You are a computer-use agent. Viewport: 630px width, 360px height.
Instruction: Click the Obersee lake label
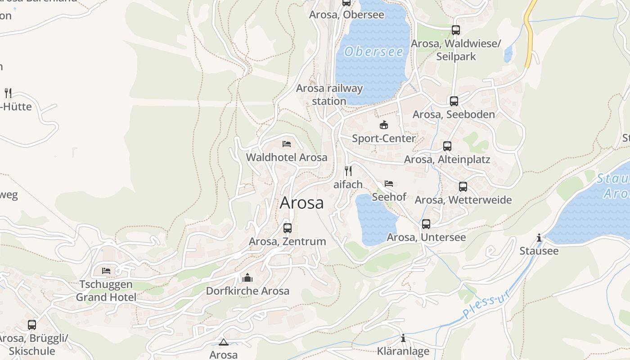(374, 52)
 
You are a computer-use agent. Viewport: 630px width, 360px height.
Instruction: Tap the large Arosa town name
(301, 203)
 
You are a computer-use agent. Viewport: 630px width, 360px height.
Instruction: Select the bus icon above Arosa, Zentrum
(288, 228)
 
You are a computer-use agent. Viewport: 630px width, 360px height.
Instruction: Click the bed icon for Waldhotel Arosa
(287, 144)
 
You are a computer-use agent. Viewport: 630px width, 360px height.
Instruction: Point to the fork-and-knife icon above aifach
(348, 171)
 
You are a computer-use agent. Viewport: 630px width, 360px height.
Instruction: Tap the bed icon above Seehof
(389, 184)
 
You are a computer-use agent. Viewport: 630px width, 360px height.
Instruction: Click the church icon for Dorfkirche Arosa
(247, 278)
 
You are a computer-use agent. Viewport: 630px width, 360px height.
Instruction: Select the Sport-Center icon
(383, 125)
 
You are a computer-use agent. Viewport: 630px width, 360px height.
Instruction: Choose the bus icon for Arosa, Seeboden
(454, 101)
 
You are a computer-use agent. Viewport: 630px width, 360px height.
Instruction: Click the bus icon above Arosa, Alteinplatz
(447, 146)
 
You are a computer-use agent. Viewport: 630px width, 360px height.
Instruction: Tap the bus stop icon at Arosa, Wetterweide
(463, 187)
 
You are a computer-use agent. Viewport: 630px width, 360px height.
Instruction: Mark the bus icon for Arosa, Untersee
(426, 224)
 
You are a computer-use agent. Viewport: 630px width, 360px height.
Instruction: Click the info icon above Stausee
(539, 238)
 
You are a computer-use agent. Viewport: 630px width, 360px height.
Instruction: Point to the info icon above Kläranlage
(403, 338)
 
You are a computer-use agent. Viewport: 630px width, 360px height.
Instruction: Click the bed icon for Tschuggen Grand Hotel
(106, 270)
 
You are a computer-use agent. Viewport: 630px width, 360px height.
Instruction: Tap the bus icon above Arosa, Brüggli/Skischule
(32, 324)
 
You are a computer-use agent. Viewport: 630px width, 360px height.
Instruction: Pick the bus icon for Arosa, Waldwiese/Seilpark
(456, 30)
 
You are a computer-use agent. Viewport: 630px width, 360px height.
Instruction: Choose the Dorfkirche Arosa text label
(247, 291)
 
